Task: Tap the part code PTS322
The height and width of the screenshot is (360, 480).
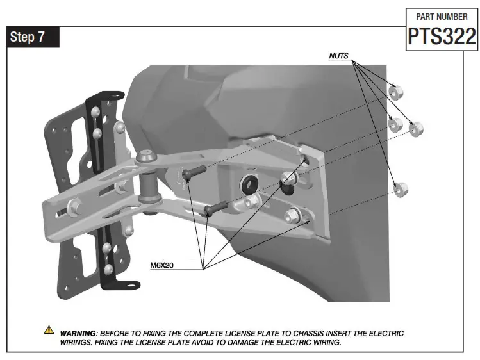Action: (442, 36)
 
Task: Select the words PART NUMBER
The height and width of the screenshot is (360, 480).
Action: (442, 17)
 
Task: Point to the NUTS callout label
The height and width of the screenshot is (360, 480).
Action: (339, 56)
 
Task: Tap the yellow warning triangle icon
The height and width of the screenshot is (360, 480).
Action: (49, 331)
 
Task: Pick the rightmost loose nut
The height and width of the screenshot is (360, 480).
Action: (417, 130)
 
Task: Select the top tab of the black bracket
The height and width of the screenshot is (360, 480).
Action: (114, 95)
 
